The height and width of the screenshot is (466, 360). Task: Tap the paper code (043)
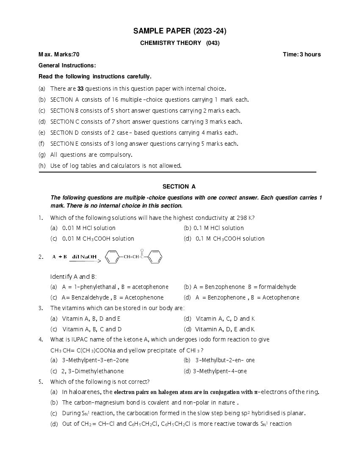tap(213, 43)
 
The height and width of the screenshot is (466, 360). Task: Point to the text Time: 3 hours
tap(302, 54)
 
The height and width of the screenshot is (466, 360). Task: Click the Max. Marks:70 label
tap(59, 54)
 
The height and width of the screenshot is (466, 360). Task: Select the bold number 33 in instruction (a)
tap(80, 89)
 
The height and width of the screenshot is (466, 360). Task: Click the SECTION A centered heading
tap(179, 186)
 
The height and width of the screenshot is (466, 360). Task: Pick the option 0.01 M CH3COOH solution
tap(98, 239)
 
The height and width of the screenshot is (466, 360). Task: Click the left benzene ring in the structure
tap(111, 257)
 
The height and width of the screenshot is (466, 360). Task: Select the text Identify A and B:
tap(73, 277)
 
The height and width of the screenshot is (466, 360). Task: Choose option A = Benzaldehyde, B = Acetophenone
tap(112, 297)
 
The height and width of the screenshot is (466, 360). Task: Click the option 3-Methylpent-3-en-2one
tap(95, 361)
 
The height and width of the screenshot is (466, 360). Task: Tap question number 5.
tap(41, 382)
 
